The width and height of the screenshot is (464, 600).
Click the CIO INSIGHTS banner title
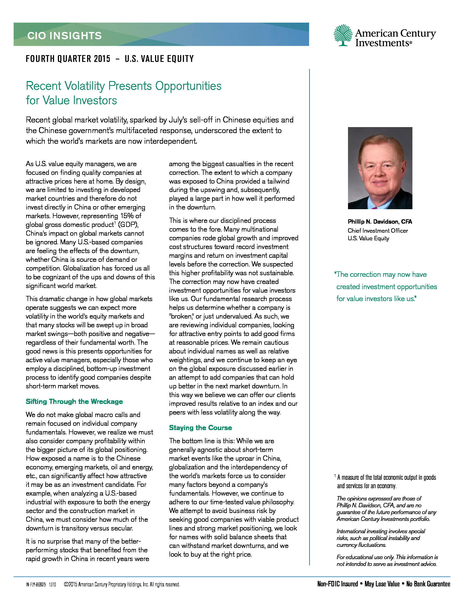tap(65, 36)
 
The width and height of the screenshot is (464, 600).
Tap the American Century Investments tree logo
tap(343, 35)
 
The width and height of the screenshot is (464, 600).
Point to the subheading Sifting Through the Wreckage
tap(74, 401)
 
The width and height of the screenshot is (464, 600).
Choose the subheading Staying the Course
tap(200, 427)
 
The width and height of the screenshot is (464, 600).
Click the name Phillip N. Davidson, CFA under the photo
tap(380, 221)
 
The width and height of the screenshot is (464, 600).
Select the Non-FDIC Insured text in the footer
tap(338, 584)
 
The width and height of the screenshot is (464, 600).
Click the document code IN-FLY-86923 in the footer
tap(36, 585)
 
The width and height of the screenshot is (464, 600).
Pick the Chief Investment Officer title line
tap(378, 230)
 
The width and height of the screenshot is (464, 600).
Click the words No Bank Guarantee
tap(428, 584)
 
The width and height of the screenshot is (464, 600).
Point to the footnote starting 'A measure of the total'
tap(386, 478)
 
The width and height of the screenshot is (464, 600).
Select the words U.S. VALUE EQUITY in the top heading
tap(159, 59)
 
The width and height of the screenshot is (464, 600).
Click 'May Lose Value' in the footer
tap(382, 584)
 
